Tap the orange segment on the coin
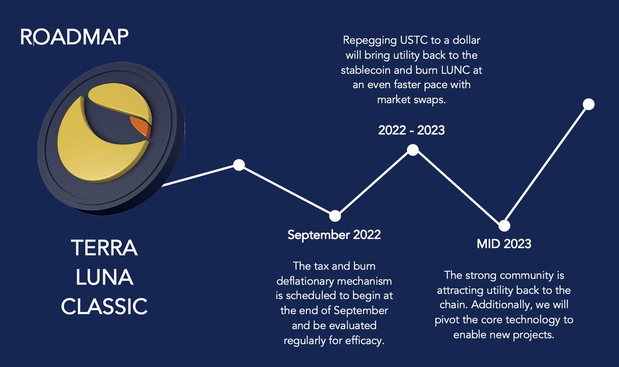139,126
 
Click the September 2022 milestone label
334,235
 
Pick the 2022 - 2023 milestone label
411,130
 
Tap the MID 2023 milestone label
503,243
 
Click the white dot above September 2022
335,215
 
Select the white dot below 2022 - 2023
413,149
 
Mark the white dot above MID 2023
504,226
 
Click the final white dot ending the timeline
589,104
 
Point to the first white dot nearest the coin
238,165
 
